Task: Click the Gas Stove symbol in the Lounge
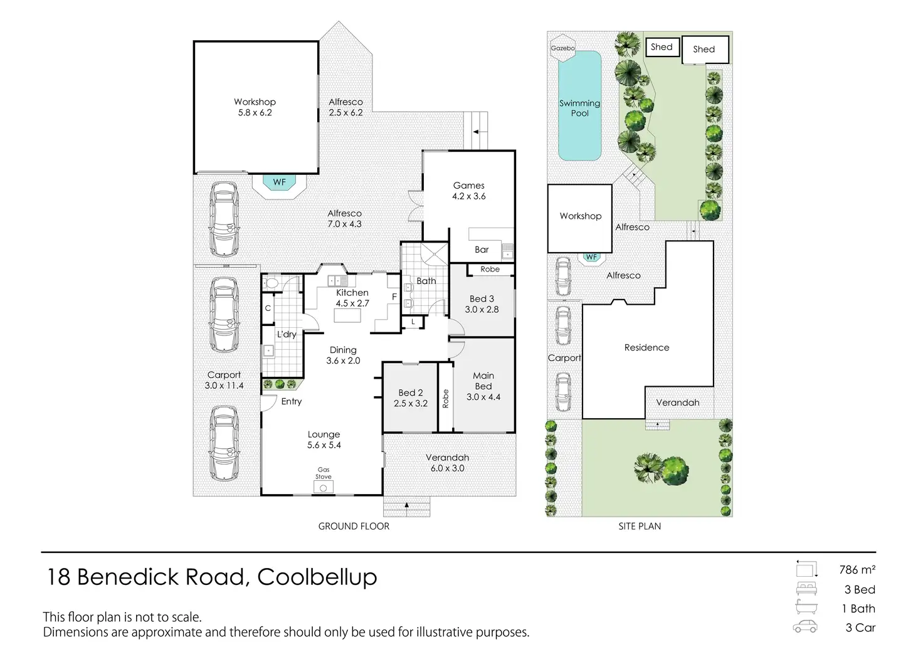(324, 486)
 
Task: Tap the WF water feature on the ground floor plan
(279, 182)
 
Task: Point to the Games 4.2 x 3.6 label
(469, 191)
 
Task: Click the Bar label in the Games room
(482, 250)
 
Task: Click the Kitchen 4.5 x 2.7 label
(352, 298)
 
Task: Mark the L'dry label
(287, 334)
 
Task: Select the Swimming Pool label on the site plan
(580, 108)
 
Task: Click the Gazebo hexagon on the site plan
(562, 48)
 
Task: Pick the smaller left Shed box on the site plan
(662, 47)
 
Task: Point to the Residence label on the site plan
(646, 347)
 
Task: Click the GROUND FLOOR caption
(354, 527)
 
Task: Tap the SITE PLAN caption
(640, 527)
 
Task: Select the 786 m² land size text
(857, 570)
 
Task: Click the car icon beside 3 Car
(805, 627)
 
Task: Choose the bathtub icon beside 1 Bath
(806, 607)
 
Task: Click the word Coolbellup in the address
(317, 577)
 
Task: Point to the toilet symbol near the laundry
(272, 283)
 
